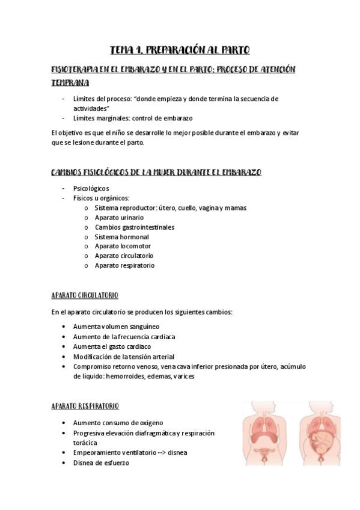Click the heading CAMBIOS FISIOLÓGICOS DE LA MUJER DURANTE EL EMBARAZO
pyautogui.click(x=157, y=172)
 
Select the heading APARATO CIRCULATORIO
pyautogui.click(x=85, y=295)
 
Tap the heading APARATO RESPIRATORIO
pyautogui.click(x=85, y=406)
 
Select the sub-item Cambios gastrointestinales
pyautogui.click(x=135, y=227)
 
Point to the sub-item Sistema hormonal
pyautogui.click(x=122, y=236)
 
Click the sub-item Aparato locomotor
pyautogui.click(x=123, y=246)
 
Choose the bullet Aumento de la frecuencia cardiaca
pyautogui.click(x=124, y=337)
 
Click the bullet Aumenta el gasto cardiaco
pyautogui.click(x=112, y=346)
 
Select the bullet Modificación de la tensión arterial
pyautogui.click(x=124, y=356)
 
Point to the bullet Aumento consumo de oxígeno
pyautogui.click(x=118, y=423)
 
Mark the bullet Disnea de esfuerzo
pyautogui.click(x=101, y=462)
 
